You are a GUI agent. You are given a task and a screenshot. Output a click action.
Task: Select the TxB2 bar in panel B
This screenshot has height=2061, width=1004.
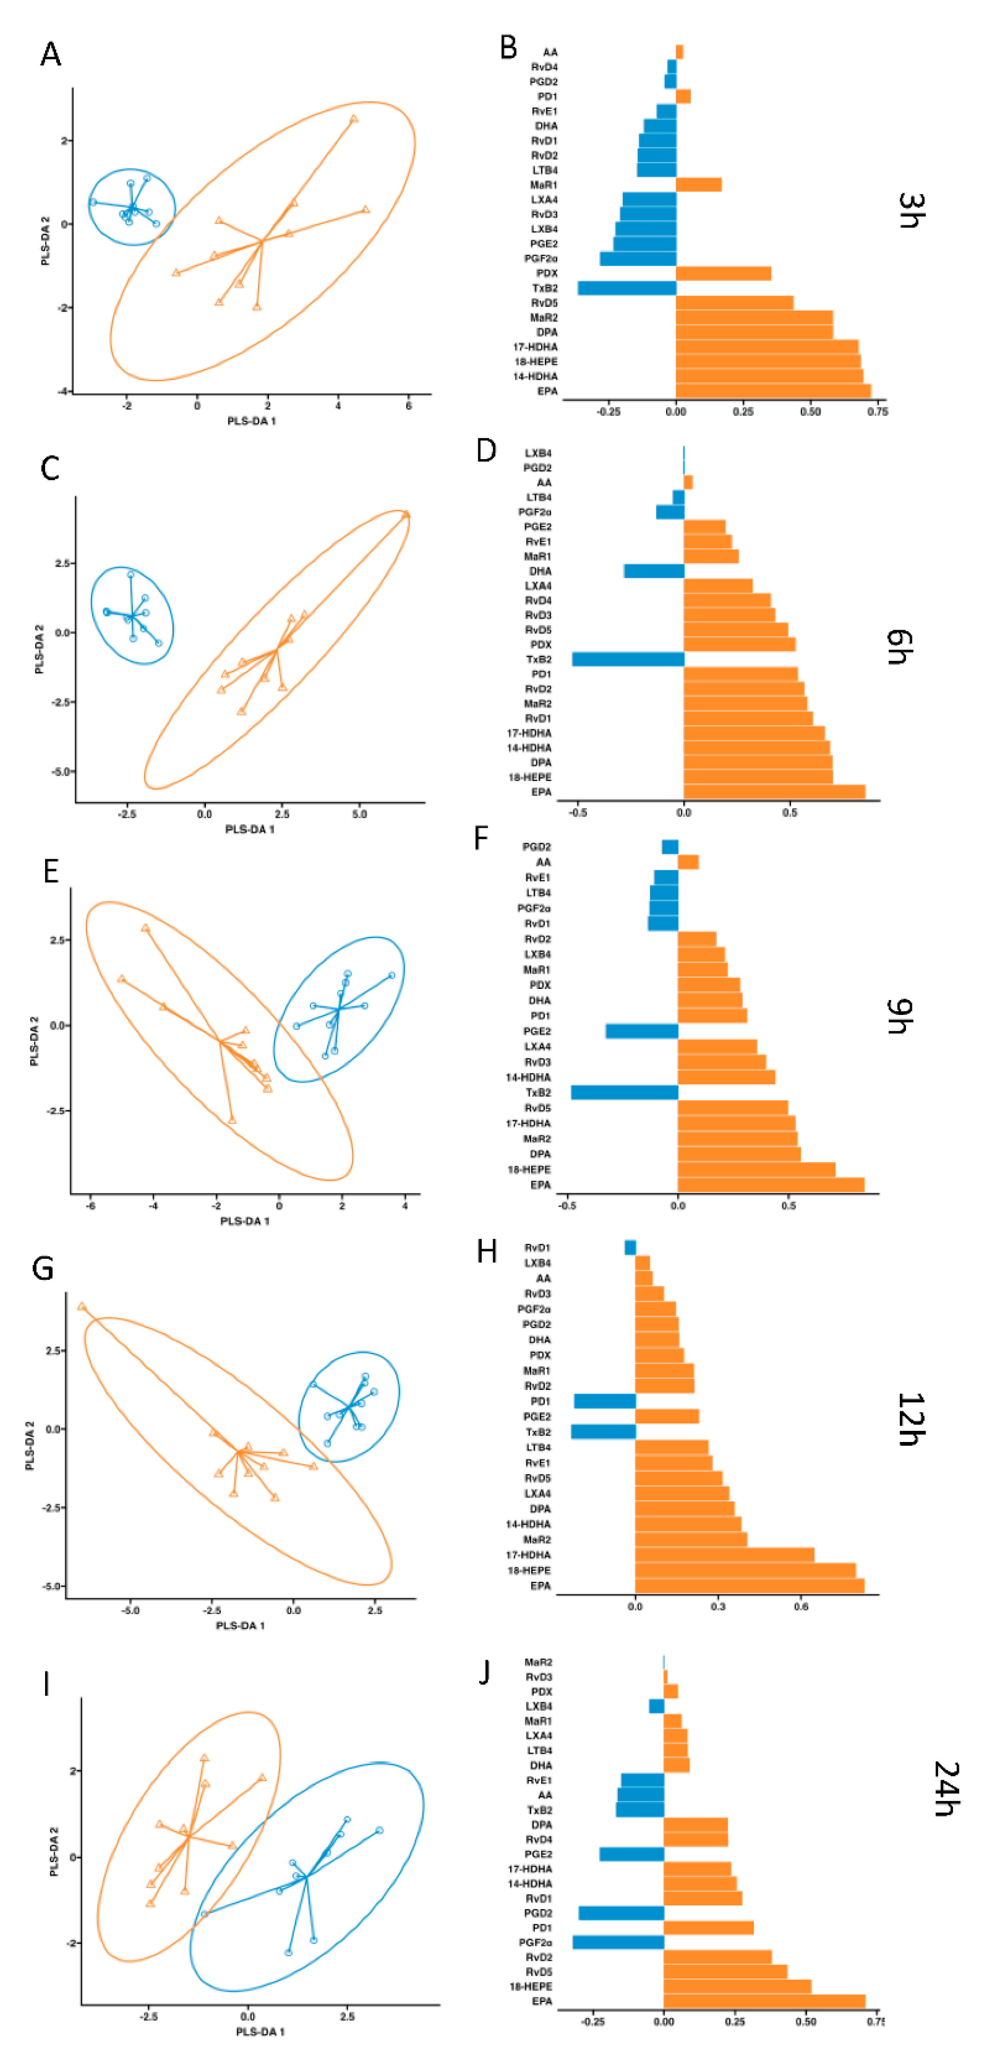pyautogui.click(x=627, y=288)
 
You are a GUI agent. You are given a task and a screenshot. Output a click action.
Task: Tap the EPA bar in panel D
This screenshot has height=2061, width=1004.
pyautogui.click(x=773, y=792)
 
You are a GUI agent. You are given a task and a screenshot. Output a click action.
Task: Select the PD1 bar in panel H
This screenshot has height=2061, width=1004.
pyautogui.click(x=605, y=1401)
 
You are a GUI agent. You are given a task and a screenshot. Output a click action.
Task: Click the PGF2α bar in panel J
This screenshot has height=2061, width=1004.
pyautogui.click(x=618, y=1942)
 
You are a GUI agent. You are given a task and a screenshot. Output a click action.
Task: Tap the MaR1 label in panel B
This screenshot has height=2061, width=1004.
pyautogui.click(x=544, y=185)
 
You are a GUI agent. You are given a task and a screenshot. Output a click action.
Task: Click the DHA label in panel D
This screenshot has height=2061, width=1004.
pyautogui.click(x=540, y=571)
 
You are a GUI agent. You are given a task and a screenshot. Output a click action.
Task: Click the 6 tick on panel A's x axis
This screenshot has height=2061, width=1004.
pyautogui.click(x=409, y=406)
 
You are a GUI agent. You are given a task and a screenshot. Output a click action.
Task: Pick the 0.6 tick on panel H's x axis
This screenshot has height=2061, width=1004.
pyautogui.click(x=801, y=1606)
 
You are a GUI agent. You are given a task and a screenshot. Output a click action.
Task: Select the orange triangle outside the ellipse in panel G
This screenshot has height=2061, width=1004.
pyautogui.click(x=82, y=1306)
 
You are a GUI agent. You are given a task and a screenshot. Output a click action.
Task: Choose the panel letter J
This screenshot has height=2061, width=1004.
pyautogui.click(x=484, y=1674)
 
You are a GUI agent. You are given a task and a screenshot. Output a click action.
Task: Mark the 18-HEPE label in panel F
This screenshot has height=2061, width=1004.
pyautogui.click(x=529, y=1170)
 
